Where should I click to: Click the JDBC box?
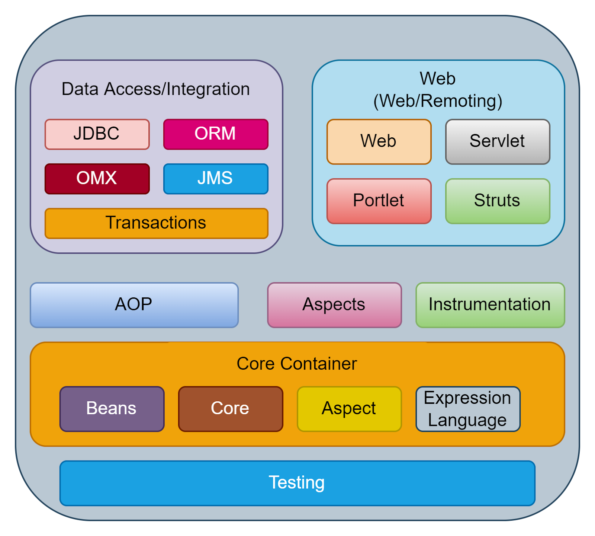coord(97,134)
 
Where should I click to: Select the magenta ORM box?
coord(216,134)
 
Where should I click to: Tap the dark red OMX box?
coord(97,179)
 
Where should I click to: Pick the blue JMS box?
coord(216,179)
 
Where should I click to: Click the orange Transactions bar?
coord(156,223)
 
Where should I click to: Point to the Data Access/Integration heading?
coord(155,89)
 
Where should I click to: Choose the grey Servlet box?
coord(498,141)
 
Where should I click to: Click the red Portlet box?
coord(379,201)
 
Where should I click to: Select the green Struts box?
coord(498,201)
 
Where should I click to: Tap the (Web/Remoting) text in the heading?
coord(438,101)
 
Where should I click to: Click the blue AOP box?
coord(134,305)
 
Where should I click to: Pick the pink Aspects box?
coord(334,305)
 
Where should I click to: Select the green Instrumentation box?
coord(490,305)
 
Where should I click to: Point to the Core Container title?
coord(297,364)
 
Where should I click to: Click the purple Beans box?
coord(112,409)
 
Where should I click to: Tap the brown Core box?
coord(231,409)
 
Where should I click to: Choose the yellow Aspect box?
coord(349,409)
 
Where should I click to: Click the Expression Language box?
coord(468,409)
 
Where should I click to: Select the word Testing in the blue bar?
coord(297,482)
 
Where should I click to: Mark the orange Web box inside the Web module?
coord(379,141)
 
